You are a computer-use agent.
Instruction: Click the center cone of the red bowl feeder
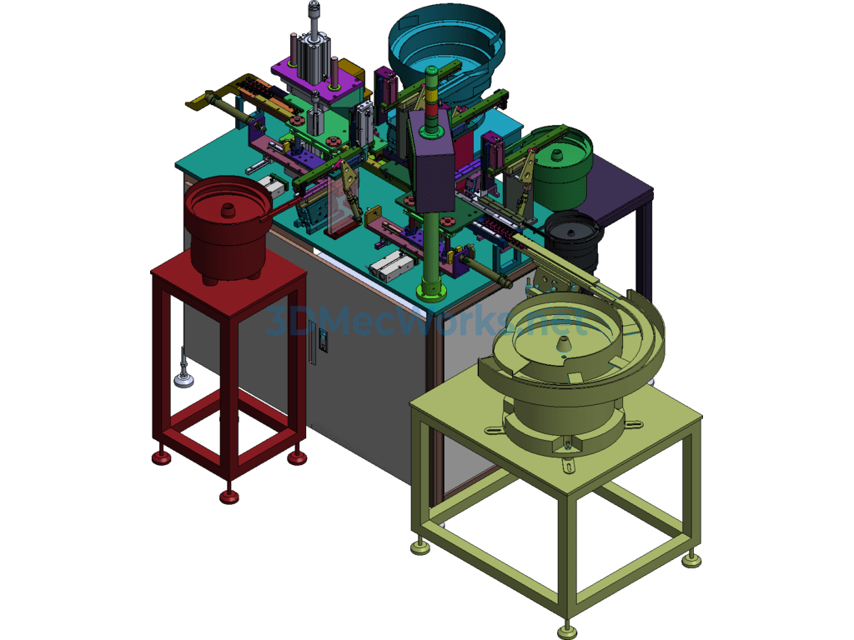[x=227, y=211]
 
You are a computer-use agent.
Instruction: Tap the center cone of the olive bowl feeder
[x=565, y=346]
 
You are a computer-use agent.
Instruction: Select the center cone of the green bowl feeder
[x=557, y=156]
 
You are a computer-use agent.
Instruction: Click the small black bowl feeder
[x=574, y=237]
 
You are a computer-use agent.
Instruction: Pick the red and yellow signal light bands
[x=431, y=103]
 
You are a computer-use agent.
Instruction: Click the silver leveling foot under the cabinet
[x=183, y=378]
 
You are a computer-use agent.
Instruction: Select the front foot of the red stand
[x=229, y=497]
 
